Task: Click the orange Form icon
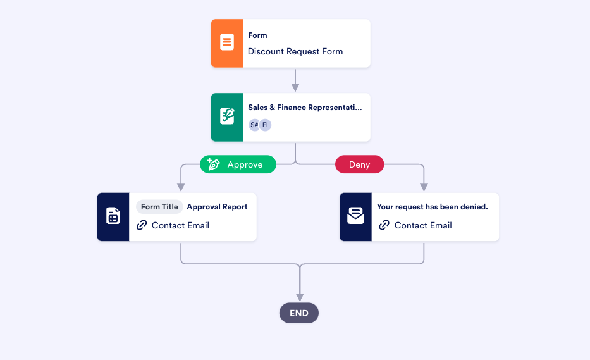click(227, 43)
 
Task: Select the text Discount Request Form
click(295, 51)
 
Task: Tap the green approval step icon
click(227, 117)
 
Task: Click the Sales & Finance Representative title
click(305, 108)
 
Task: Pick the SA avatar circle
click(254, 125)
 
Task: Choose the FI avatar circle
click(265, 125)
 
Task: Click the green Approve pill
click(238, 164)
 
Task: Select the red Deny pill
click(359, 164)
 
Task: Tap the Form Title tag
click(159, 207)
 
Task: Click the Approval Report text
click(217, 207)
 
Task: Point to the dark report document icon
click(113, 216)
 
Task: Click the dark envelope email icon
click(355, 216)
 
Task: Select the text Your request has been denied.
click(432, 207)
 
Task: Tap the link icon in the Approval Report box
click(142, 225)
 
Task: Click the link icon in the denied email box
click(384, 225)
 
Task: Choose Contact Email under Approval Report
click(180, 225)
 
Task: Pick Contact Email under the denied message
click(423, 225)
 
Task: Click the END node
click(299, 313)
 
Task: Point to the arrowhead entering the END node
click(300, 297)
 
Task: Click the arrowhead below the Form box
click(295, 88)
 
